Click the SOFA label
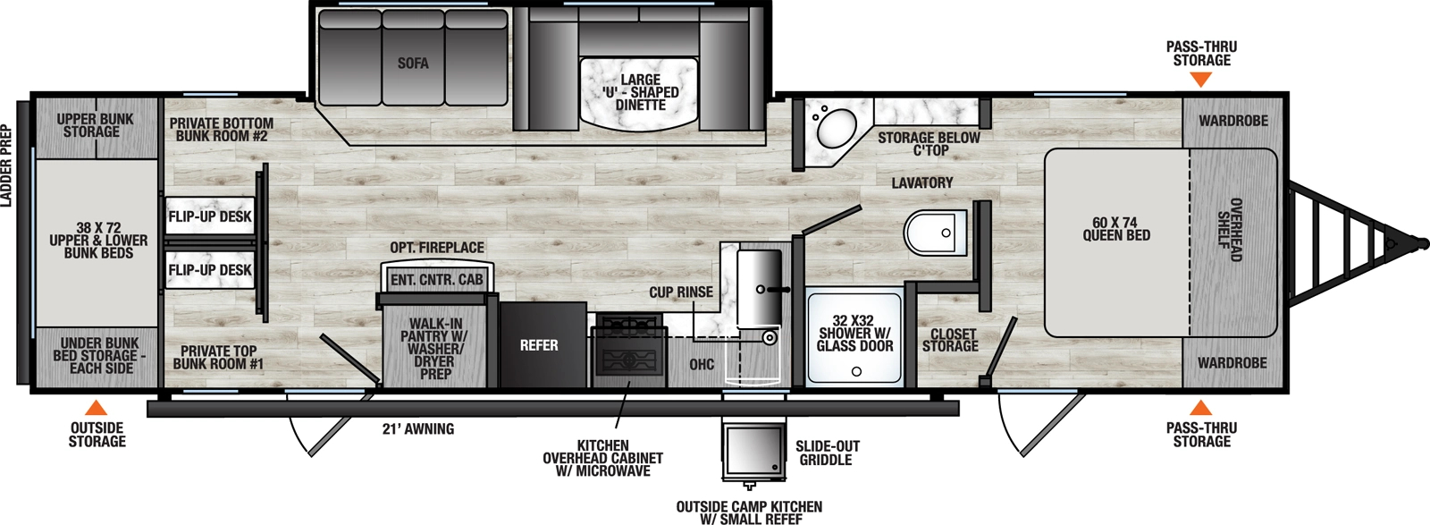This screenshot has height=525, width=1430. coord(413,64)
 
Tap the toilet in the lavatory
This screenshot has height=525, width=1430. coord(934,233)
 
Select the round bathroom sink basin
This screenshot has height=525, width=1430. coord(836,130)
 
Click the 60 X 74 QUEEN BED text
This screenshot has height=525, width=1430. coord(1116,229)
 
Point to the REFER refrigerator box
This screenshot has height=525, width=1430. coord(539,345)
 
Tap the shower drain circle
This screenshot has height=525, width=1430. coord(856,371)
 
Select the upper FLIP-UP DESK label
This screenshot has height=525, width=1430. coord(210,216)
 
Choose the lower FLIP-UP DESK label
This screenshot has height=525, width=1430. coord(210,270)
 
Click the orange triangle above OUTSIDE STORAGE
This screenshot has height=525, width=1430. coord(97,408)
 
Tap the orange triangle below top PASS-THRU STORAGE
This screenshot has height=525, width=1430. coord(1201,80)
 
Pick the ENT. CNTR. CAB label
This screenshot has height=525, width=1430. coord(436,280)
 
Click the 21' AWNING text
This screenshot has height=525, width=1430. coord(418,429)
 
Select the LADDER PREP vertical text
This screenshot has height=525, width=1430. coord(7,166)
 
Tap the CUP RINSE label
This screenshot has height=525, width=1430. coord(681,292)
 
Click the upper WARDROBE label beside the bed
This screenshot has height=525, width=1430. coord(1233,121)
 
